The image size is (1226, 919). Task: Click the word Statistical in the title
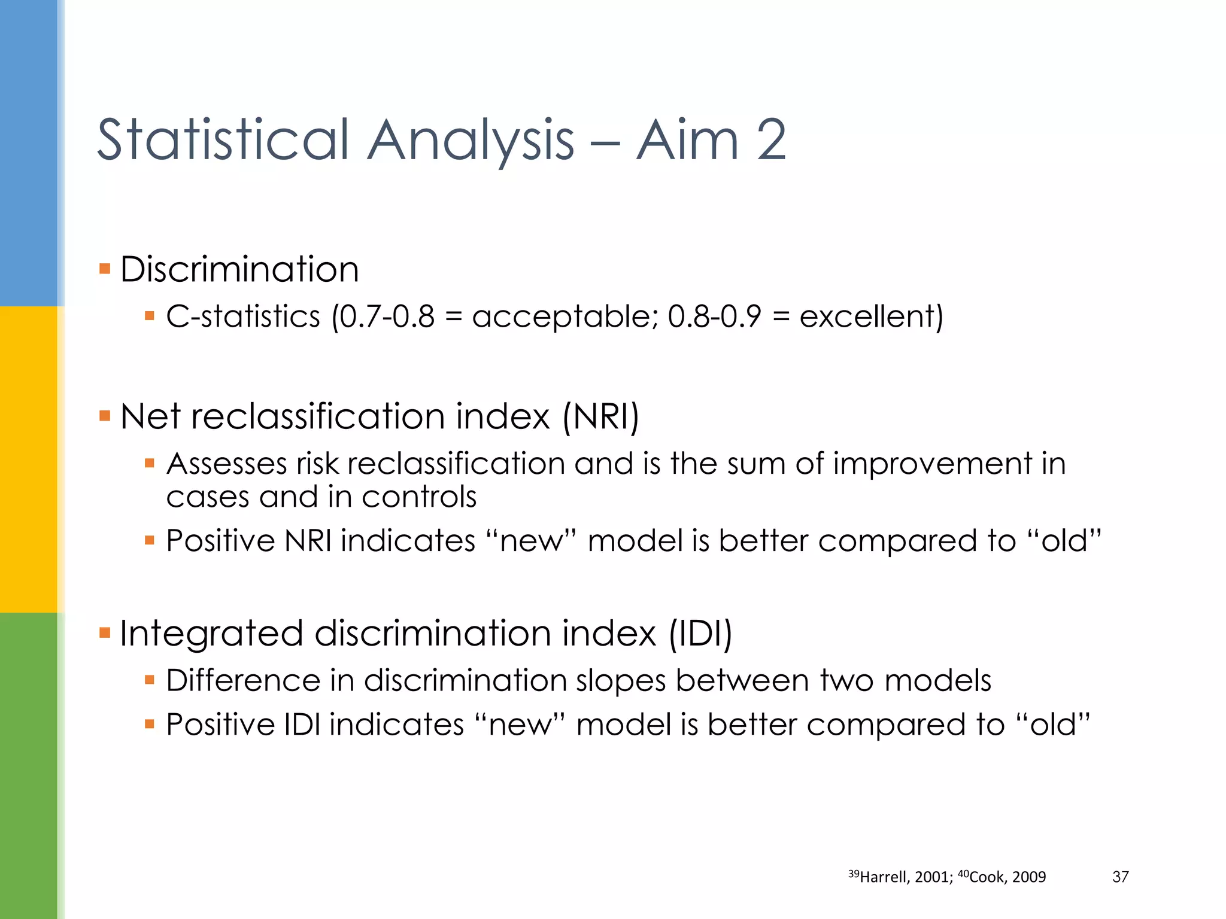223,140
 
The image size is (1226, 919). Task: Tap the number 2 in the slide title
771,140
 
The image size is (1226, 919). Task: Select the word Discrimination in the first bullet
239,269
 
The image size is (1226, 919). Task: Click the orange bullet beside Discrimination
105,268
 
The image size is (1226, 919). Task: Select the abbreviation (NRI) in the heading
600,416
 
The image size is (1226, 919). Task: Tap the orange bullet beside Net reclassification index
105,415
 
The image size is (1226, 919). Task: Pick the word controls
419,497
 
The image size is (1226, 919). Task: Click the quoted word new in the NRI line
532,541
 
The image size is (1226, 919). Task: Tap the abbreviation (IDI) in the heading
700,634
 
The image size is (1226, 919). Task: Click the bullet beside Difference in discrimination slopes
150,680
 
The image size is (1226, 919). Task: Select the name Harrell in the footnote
883,877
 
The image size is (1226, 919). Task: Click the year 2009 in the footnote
1029,877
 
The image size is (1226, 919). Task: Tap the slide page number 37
1120,877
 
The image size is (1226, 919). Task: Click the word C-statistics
243,317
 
